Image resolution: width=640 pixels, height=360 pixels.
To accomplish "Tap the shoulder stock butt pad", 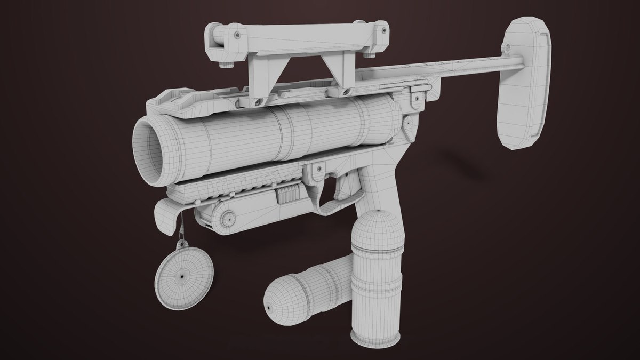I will point(523,85).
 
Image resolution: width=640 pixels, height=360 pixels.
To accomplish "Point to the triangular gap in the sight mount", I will point(292,72).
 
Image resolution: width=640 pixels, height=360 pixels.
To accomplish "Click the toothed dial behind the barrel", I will point(409,125).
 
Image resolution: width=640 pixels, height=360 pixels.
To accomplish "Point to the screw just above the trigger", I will point(319,170).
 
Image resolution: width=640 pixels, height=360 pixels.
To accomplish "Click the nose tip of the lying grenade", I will point(268,307).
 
